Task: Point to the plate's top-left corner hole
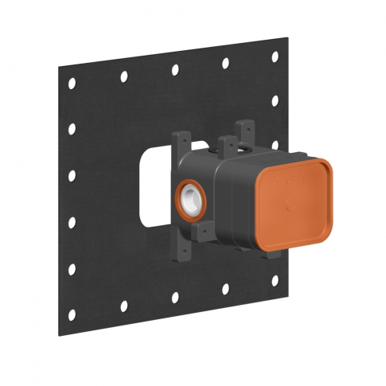coord(71,82)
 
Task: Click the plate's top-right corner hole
coord(275,57)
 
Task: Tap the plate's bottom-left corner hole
coord(72,314)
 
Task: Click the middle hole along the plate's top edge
coord(175,69)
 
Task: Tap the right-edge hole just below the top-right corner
coord(275,100)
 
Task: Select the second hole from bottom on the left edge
coord(72,269)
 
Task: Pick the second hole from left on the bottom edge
coord(123,306)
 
